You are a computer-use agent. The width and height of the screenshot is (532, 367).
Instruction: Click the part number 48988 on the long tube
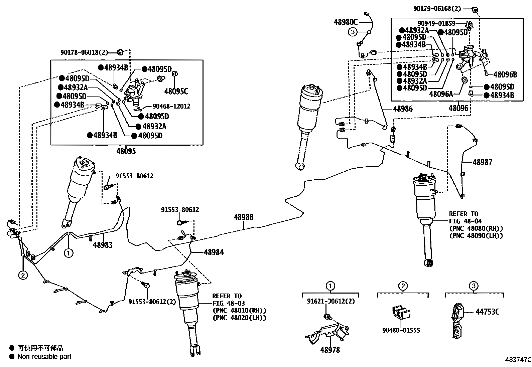click(x=243, y=217)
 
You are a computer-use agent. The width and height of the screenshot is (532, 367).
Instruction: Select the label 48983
click(x=103, y=245)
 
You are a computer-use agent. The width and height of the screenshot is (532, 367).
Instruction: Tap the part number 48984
click(x=214, y=252)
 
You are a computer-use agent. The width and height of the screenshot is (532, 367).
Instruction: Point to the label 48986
click(x=403, y=109)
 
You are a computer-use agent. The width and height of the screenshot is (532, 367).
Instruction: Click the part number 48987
click(x=483, y=162)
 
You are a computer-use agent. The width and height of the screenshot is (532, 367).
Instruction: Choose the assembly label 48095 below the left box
click(x=126, y=151)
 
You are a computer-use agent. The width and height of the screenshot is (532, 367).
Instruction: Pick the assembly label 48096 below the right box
click(x=458, y=108)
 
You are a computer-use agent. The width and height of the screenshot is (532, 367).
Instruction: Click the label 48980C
click(x=346, y=22)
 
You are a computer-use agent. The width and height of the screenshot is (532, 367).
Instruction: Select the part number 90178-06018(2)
click(x=84, y=52)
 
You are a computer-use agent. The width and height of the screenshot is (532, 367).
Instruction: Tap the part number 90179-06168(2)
click(x=437, y=9)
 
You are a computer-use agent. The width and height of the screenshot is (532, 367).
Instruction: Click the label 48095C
click(x=176, y=91)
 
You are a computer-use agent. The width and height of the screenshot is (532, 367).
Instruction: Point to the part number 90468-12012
click(x=171, y=106)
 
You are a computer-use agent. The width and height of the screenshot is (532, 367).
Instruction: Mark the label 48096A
click(x=441, y=94)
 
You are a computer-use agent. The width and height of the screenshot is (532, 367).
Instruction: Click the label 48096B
click(x=505, y=74)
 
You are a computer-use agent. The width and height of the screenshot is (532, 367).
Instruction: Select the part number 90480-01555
click(x=401, y=330)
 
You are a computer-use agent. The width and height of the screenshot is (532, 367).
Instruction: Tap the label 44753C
click(x=487, y=312)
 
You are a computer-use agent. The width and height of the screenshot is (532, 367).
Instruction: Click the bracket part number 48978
click(x=330, y=350)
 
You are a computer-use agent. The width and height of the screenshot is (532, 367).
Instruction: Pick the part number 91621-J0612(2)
click(x=331, y=301)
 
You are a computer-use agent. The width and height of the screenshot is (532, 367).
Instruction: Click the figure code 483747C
click(x=518, y=360)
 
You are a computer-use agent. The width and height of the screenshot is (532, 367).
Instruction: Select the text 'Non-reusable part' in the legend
click(x=44, y=356)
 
